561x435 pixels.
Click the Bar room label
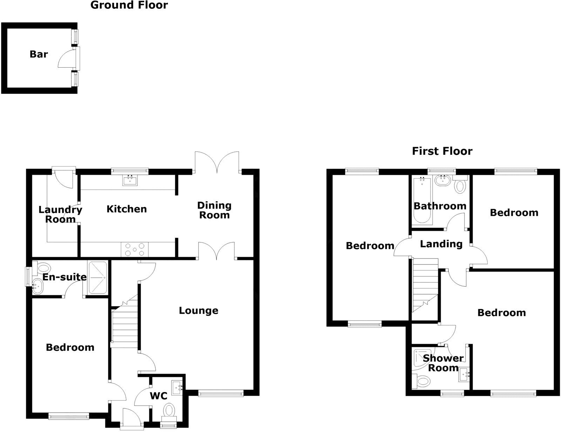click(39, 54)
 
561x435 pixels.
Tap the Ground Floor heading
click(129, 5)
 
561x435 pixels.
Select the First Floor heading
click(442, 151)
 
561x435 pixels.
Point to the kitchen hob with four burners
click(135, 249)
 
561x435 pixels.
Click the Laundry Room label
click(60, 214)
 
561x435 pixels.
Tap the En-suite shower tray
click(97, 277)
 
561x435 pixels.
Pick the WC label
click(158, 396)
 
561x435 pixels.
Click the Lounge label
click(198, 311)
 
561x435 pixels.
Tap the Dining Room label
click(214, 210)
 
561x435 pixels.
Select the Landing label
click(441, 244)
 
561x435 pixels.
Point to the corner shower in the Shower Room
click(423, 359)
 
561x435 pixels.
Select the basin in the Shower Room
click(464, 375)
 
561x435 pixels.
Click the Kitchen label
click(127, 209)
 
